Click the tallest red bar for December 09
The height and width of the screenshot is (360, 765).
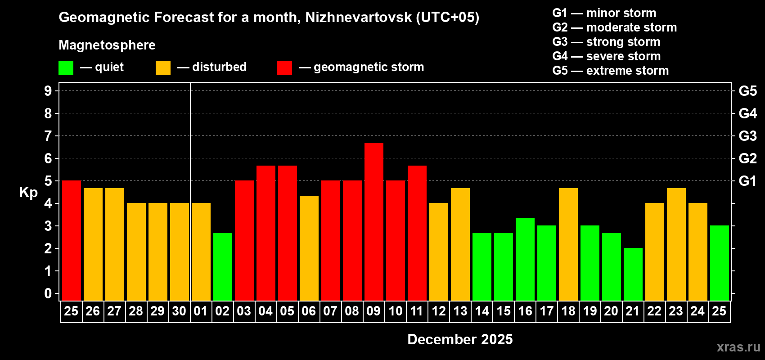pos(374,221)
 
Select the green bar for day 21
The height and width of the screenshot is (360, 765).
pos(633,274)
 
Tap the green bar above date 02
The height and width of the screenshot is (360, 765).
pos(223,266)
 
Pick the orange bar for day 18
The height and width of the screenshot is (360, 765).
pos(568,244)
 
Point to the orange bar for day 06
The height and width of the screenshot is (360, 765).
pos(309,248)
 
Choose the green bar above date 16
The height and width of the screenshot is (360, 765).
pos(525,259)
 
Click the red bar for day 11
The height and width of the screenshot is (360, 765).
pos(417,233)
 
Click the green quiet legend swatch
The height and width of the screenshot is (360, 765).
pos(66,68)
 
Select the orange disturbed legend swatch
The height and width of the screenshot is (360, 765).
pos(163,68)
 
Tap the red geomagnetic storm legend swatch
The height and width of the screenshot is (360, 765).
pos(284,68)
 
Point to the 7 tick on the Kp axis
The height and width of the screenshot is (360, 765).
pos(48,136)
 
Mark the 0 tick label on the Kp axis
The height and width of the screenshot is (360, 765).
pos(48,293)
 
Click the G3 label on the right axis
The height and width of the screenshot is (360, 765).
pos(747,136)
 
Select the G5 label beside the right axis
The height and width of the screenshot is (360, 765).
pos(747,91)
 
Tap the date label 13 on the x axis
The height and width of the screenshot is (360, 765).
pos(460,311)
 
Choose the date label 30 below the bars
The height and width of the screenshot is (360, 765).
pos(179,311)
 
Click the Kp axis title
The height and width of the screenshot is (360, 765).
pos(28,192)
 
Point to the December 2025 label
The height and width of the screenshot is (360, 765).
pos(460,339)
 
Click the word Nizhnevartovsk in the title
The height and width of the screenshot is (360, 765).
pos(358,17)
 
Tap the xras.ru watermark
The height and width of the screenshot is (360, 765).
pos(738,346)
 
